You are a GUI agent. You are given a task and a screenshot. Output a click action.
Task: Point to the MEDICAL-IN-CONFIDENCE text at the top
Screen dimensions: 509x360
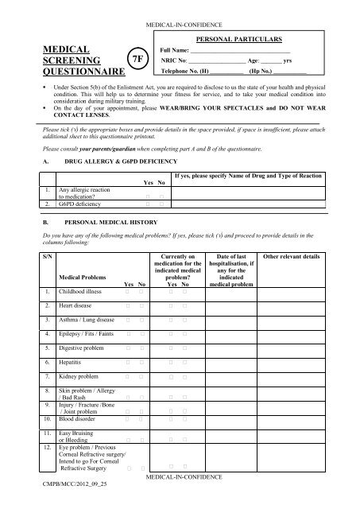tap(180, 7)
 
